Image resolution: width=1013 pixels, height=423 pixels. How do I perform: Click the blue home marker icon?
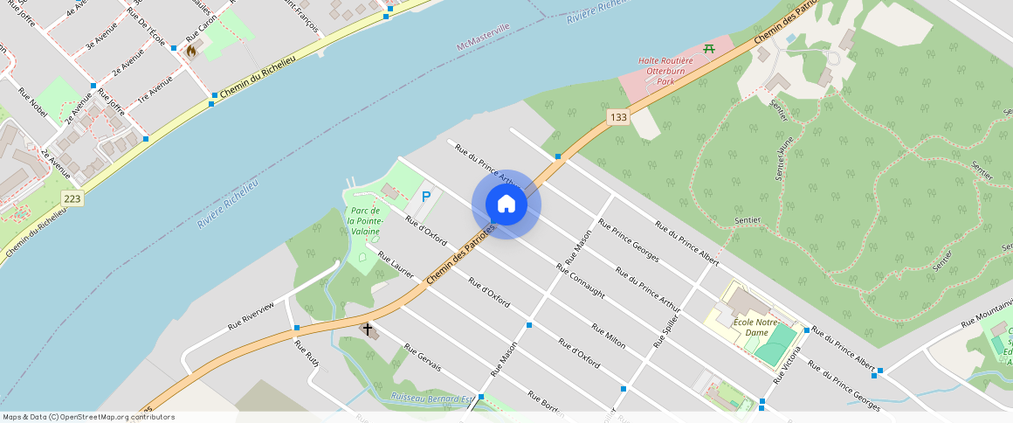507,205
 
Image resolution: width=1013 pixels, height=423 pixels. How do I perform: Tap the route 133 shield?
618,117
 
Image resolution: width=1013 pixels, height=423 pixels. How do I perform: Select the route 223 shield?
72,199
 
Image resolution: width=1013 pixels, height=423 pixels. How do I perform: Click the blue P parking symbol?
426,198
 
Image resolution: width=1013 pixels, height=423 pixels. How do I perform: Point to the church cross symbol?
368,329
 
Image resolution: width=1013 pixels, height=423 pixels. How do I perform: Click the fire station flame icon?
190,52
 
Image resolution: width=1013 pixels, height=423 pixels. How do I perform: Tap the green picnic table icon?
709,48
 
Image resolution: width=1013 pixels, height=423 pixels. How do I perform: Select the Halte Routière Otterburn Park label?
665,70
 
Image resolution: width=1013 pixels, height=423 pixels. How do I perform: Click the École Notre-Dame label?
756,328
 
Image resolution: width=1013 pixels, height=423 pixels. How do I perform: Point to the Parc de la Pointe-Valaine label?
364,221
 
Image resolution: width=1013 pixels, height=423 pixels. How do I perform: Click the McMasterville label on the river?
483,39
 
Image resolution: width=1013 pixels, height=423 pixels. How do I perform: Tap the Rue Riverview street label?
251,315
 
